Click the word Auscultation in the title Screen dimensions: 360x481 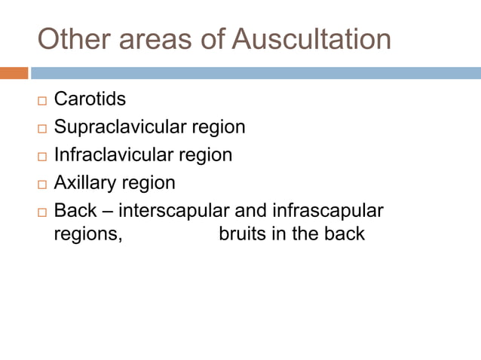pyautogui.click(x=311, y=39)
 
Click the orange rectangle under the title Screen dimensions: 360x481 pyautogui.click(x=14, y=73)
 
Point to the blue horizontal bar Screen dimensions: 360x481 pyautogui.click(x=256, y=73)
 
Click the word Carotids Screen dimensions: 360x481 pyautogui.click(x=90, y=99)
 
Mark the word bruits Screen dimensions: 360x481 pyautogui.click(x=241, y=233)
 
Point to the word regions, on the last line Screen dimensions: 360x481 pyautogui.click(x=87, y=234)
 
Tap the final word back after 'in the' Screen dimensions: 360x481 pyautogui.click(x=344, y=233)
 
